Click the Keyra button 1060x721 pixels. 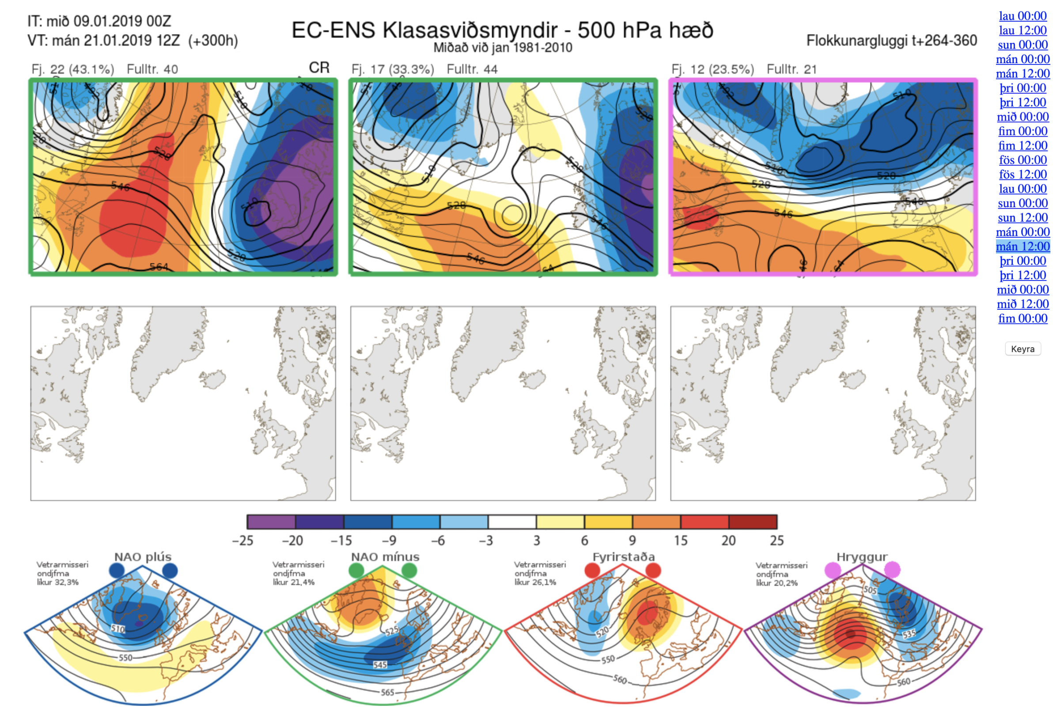tap(1022, 349)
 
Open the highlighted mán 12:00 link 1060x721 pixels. tap(1022, 247)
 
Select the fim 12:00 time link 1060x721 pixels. tap(1022, 145)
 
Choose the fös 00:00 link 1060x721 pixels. tap(1022, 160)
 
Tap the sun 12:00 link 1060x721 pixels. tap(1022, 218)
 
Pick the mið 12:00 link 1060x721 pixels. tap(1022, 304)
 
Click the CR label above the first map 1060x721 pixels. tap(319, 68)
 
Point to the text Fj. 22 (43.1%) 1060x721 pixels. tap(72, 69)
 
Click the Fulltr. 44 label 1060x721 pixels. tap(472, 69)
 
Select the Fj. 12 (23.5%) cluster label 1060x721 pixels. tap(712, 69)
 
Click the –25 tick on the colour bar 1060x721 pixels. tap(242, 541)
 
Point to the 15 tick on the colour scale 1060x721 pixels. tap(681, 541)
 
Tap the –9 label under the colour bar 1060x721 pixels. tap(389, 541)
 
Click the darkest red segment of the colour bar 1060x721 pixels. tap(753, 522)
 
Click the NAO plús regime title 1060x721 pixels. tap(143, 557)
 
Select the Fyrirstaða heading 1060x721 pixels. tap(624, 557)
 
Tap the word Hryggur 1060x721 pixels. tap(862, 557)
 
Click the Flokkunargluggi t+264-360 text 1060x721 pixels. tap(891, 41)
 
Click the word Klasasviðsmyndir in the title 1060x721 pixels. tap(470, 30)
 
